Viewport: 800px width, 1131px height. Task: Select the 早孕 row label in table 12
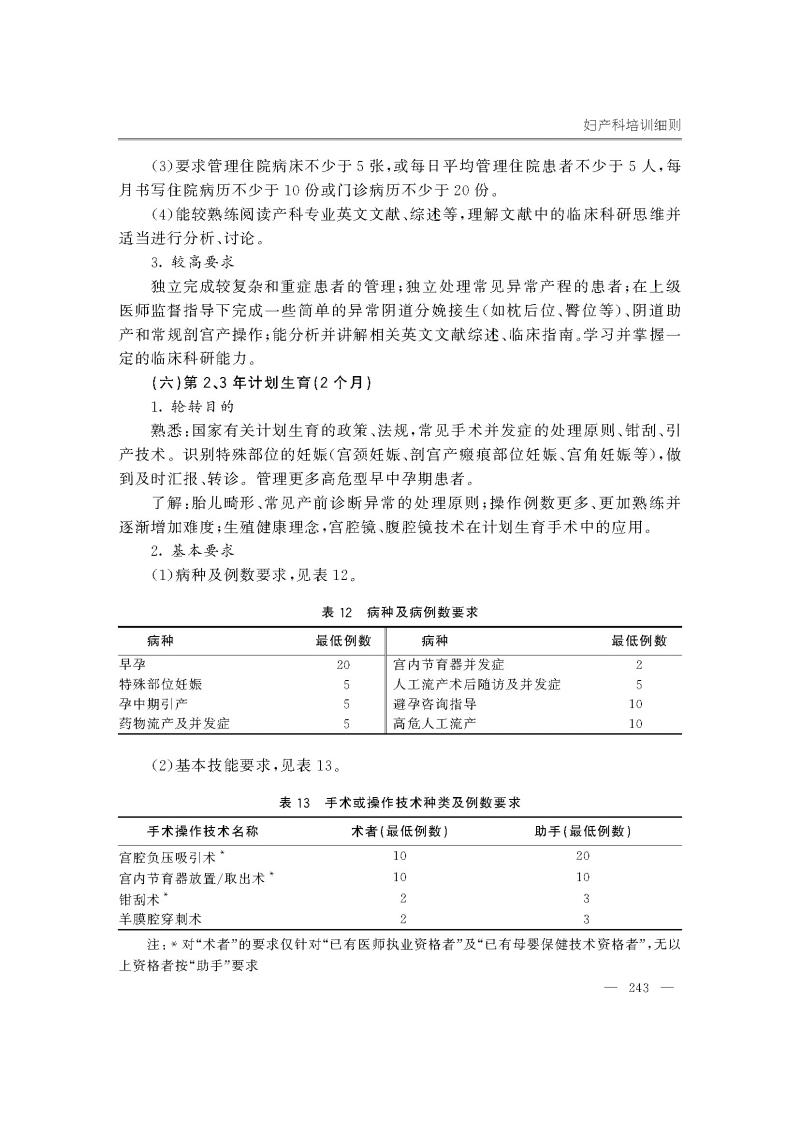point(132,663)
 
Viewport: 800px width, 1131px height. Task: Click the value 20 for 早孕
point(344,663)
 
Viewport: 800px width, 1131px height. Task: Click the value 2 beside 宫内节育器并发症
point(638,663)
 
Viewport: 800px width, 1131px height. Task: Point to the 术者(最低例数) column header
point(400,830)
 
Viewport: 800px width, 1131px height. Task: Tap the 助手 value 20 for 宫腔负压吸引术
point(587,857)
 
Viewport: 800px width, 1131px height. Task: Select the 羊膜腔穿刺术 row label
point(161,917)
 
